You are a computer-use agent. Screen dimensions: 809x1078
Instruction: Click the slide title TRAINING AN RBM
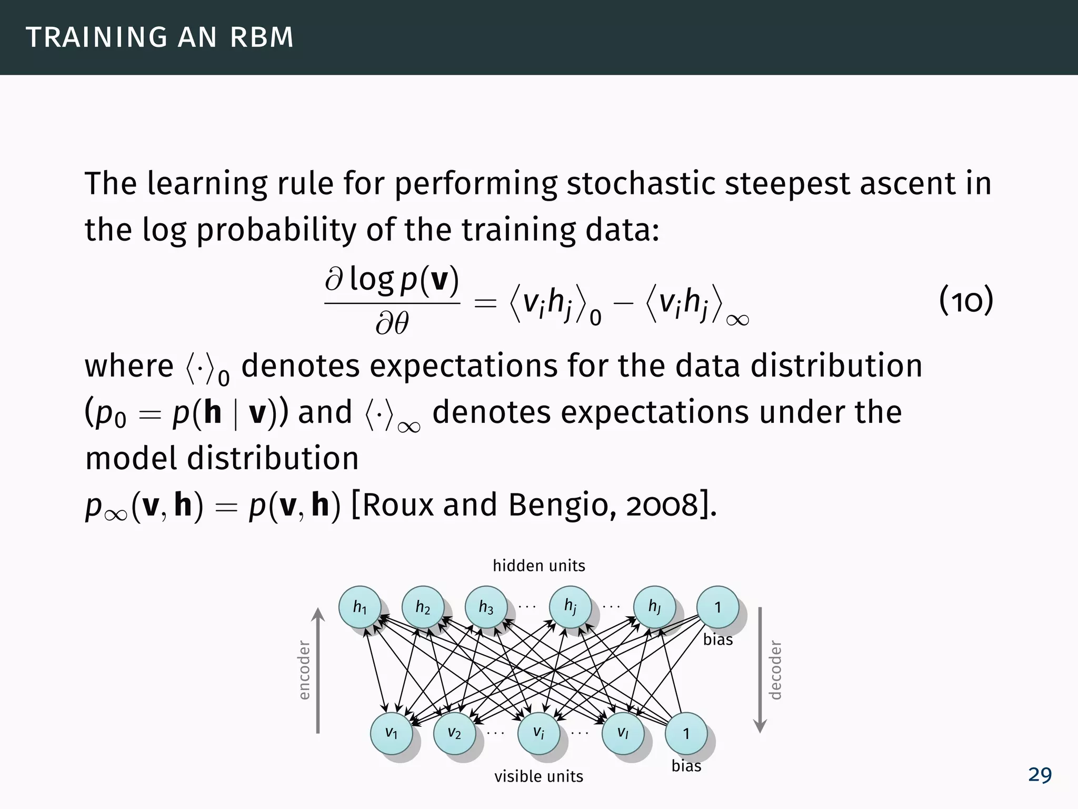(x=159, y=37)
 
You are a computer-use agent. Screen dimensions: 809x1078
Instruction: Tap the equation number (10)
(x=966, y=301)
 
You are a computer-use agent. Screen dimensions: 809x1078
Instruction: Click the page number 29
(x=1040, y=775)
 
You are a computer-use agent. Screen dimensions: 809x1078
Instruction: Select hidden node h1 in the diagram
(x=360, y=607)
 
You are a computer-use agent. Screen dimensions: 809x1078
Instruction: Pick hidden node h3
(x=486, y=607)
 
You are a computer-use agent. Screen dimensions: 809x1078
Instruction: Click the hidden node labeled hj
(x=570, y=607)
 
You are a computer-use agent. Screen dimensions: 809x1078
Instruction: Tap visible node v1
(x=391, y=733)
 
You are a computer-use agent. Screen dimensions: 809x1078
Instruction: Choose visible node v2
(x=454, y=733)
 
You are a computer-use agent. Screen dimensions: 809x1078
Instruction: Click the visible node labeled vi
(x=538, y=733)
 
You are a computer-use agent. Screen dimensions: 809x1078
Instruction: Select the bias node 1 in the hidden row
(x=717, y=607)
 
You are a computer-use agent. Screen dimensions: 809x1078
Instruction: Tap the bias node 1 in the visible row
(x=686, y=733)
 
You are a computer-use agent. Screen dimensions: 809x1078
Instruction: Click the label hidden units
(x=538, y=566)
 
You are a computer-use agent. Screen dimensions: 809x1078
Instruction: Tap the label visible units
(x=538, y=776)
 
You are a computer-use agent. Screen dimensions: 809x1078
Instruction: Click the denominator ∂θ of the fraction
(x=392, y=323)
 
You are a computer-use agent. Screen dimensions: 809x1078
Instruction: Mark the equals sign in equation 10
(x=485, y=303)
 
